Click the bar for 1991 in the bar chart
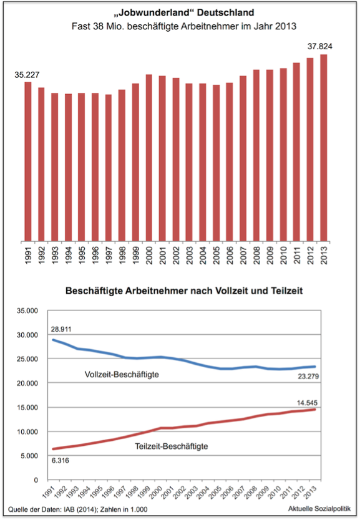(x=28, y=161)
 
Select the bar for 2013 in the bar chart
(x=324, y=148)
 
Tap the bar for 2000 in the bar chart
(x=149, y=158)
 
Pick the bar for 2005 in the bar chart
(x=216, y=163)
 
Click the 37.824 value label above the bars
(x=319, y=46)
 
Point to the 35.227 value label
(x=27, y=75)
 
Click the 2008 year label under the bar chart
(x=257, y=256)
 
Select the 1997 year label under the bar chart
(x=109, y=256)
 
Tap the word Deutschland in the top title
(x=226, y=12)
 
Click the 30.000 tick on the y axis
(x=28, y=335)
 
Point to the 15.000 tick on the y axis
(x=28, y=408)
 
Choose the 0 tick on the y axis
(x=36, y=480)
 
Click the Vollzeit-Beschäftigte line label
(x=122, y=375)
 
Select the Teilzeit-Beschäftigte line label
(x=172, y=446)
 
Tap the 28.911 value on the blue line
(x=61, y=329)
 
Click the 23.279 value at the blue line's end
(x=308, y=377)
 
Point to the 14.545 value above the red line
(x=307, y=403)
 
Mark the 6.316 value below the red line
(x=60, y=461)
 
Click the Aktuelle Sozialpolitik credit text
(x=319, y=509)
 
